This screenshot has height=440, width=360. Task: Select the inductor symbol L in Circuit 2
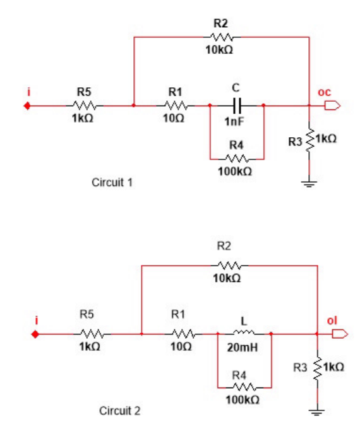(x=243, y=333)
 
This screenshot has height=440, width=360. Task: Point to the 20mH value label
(x=243, y=347)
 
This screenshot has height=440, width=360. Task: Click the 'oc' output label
(x=324, y=92)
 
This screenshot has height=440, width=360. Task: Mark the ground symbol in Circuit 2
(x=316, y=412)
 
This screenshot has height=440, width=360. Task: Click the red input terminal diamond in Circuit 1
(x=27, y=106)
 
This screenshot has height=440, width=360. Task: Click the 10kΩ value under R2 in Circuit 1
(x=220, y=50)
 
